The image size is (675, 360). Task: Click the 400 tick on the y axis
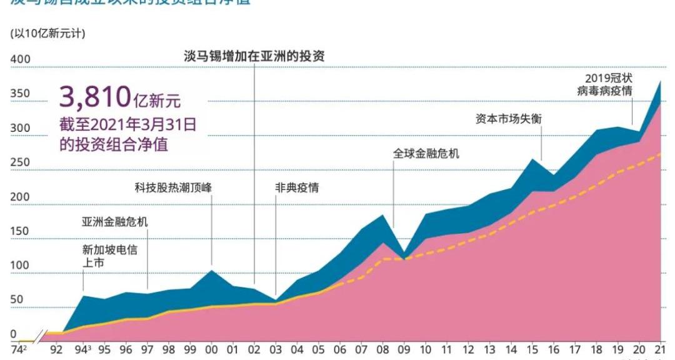pos(21,59)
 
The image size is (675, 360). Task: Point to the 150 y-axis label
pos(21,231)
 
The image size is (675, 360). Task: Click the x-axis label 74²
pos(19,349)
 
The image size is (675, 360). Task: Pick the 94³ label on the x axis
pos(83,349)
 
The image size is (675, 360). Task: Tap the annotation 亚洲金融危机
pos(115,222)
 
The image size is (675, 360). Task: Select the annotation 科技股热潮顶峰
pos(178,187)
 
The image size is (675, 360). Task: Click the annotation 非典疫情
pos(297,187)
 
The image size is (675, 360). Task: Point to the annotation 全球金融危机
pos(426,153)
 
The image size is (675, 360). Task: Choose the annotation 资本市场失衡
pos(508,119)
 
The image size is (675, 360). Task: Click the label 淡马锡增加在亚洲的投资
pos(254,56)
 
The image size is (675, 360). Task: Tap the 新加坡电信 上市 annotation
pos(109,256)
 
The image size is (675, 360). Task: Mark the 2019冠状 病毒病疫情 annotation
pos(604,84)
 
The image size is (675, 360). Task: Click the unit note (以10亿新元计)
pos(47,33)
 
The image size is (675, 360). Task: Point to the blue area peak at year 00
pos(211,271)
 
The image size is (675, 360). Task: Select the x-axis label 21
pos(658,349)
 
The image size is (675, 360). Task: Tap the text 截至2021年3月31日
pos(128,124)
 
